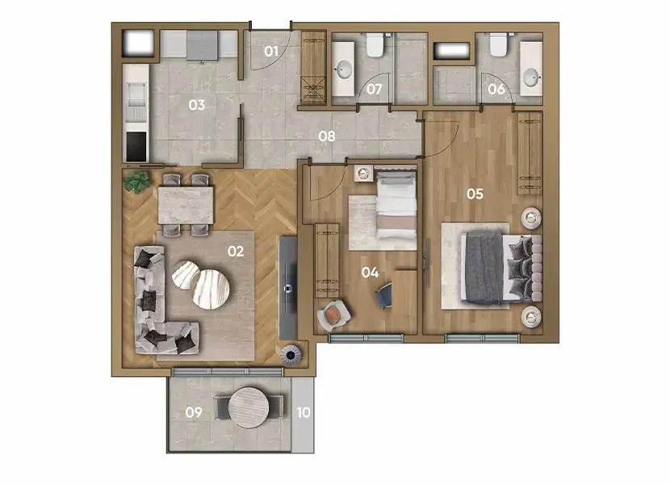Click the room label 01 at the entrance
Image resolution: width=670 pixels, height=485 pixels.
271,52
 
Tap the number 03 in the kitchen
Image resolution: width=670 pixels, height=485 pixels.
196,105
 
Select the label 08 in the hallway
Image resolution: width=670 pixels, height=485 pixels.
327,136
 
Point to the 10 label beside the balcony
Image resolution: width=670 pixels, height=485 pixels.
304,412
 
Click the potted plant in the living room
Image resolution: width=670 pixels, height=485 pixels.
137,183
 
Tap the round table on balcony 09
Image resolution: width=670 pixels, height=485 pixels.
249,407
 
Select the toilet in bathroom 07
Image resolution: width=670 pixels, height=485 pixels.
375,45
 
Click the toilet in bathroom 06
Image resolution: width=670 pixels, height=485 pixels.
498,44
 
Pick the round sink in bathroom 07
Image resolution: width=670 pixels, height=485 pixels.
344,70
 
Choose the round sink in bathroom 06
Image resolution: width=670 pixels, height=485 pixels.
532,78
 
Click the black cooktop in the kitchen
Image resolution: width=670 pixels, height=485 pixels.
136,146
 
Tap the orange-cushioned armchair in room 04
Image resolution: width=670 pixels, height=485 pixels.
333,315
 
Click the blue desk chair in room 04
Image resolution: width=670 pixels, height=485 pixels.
383,295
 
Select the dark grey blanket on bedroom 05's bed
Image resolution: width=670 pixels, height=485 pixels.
484,268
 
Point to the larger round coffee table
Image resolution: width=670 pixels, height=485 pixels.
211,289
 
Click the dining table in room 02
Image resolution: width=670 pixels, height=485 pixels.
186,205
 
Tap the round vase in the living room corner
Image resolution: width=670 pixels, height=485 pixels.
291,355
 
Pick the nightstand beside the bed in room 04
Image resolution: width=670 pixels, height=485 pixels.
363,173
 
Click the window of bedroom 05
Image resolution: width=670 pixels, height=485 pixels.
482,338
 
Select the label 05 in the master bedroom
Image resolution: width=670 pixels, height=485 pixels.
475,194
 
